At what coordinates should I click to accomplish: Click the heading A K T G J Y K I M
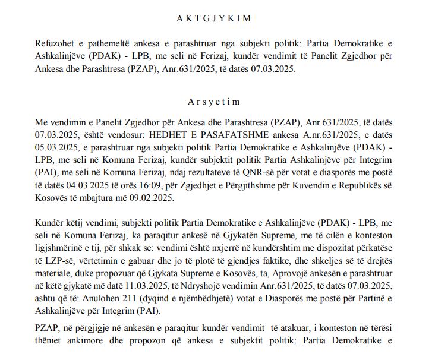218,18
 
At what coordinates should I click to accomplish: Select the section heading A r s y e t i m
218,102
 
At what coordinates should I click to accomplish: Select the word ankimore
74,344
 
